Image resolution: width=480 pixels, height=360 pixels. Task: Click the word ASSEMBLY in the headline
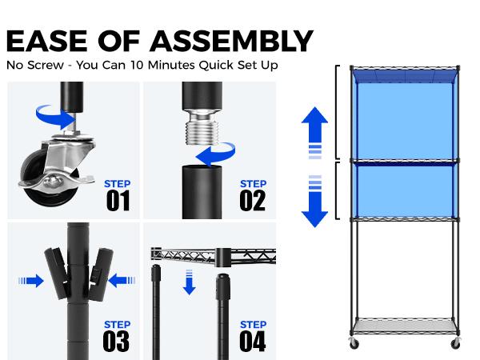click(x=231, y=41)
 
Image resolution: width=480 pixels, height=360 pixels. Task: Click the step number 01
click(x=118, y=201)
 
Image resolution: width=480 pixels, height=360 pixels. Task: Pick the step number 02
click(x=253, y=201)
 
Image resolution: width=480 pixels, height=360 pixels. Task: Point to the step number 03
click(x=116, y=341)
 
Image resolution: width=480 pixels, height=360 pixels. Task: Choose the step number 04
click(x=253, y=341)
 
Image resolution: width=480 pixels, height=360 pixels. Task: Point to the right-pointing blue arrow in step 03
click(x=31, y=281)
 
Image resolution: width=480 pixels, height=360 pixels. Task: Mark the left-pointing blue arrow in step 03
click(x=122, y=281)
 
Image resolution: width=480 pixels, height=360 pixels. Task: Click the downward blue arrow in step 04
click(x=189, y=282)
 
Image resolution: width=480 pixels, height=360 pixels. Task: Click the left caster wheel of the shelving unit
click(x=354, y=343)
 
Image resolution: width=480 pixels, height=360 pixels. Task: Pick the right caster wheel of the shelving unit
click(x=456, y=343)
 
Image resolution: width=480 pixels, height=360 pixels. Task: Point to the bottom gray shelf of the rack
click(x=405, y=325)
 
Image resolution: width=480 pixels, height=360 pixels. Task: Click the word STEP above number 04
click(x=253, y=325)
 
